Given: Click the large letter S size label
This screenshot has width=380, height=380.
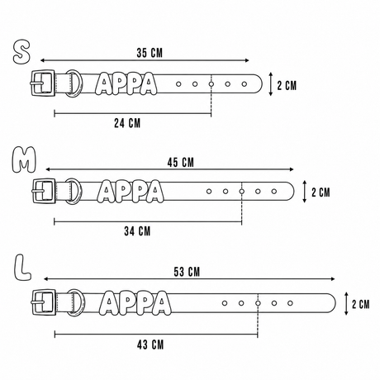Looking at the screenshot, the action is (x=21, y=52).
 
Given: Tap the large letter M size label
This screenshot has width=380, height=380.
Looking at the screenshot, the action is (x=24, y=159).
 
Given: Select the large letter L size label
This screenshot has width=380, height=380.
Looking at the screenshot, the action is (x=22, y=268).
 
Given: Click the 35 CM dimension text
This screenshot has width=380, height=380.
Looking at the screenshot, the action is (x=150, y=53).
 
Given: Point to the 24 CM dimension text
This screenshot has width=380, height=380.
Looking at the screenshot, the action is (x=127, y=123).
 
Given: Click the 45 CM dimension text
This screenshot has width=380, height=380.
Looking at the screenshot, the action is (x=181, y=163).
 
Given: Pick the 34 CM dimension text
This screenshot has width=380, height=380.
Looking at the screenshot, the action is (x=137, y=231).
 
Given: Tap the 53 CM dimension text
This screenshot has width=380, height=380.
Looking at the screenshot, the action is (x=187, y=272).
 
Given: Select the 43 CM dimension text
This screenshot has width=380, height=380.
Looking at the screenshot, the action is (x=150, y=344).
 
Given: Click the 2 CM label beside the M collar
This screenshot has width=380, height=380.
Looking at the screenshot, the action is (x=321, y=192).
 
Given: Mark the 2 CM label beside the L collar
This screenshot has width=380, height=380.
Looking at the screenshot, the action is (x=361, y=304).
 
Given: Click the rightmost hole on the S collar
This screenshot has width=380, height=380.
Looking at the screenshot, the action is (x=245, y=83).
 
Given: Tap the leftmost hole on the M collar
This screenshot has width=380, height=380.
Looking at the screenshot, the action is (x=209, y=191).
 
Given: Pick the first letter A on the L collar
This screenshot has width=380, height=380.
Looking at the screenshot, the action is (x=109, y=303).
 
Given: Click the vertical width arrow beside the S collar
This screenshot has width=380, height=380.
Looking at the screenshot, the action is (x=271, y=84).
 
